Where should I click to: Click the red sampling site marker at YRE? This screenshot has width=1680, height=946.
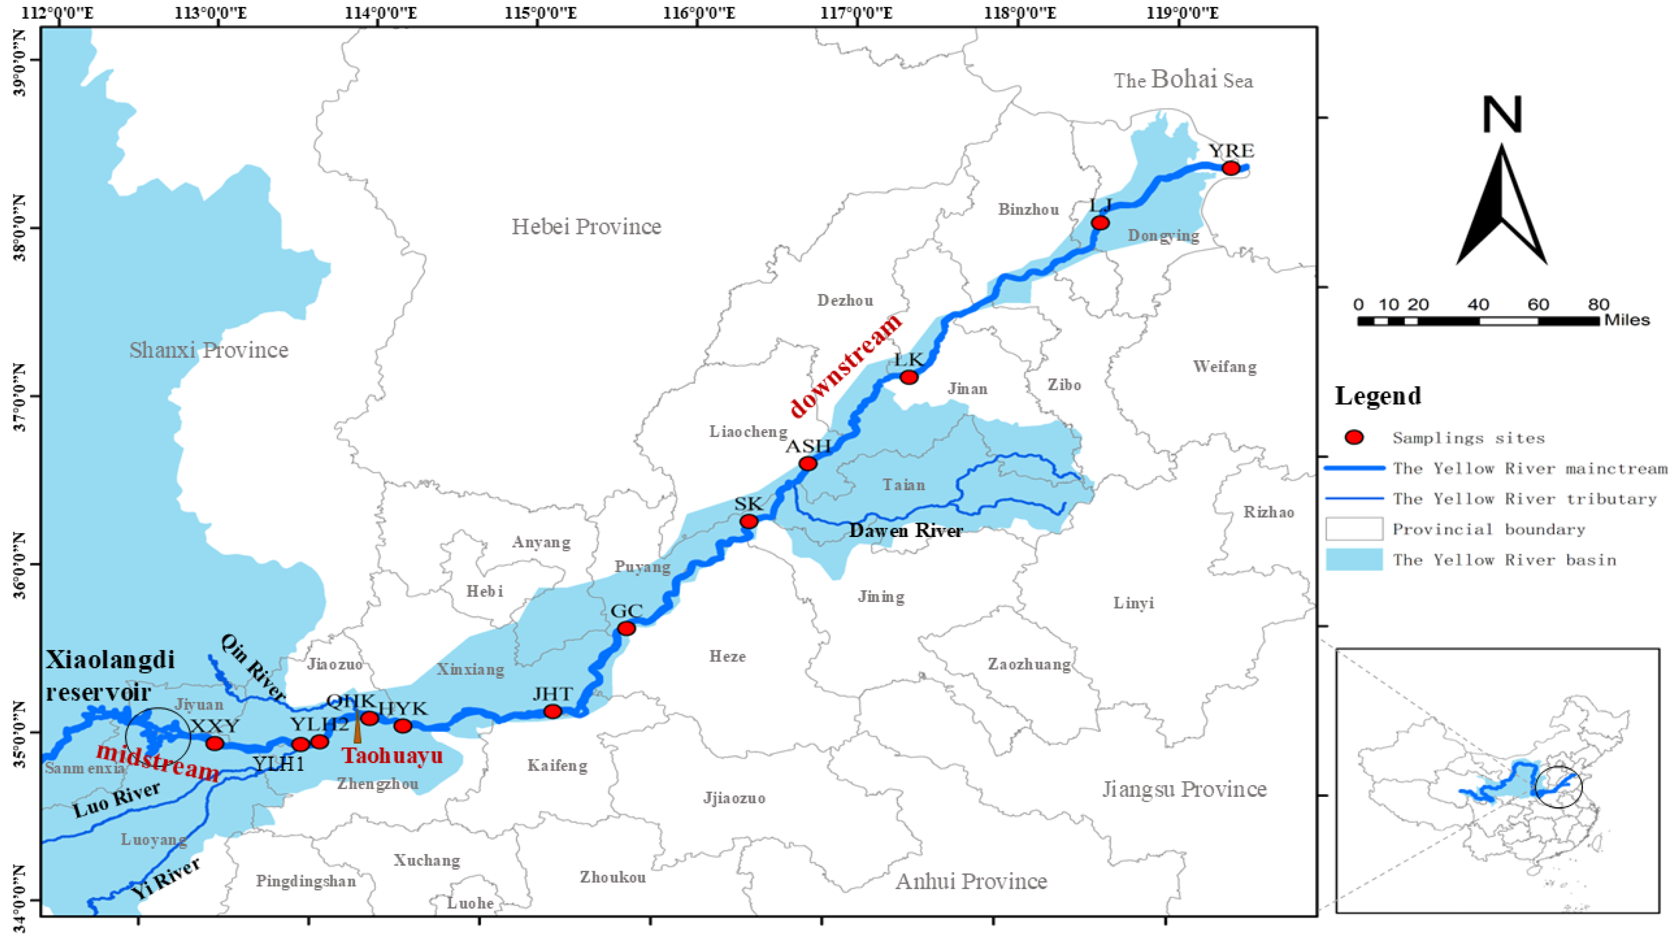coord(1230,168)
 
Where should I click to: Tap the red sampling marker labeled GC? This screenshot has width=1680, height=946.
coord(626,629)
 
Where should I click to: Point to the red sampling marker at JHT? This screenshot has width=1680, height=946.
coord(552,711)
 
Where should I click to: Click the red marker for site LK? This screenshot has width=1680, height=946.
coord(908,378)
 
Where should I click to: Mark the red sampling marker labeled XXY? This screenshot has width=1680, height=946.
coord(215,743)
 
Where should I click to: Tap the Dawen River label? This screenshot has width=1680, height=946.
coord(905,531)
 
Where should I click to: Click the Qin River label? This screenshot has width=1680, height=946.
coord(253,667)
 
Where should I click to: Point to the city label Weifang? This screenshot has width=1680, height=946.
coord(1224,367)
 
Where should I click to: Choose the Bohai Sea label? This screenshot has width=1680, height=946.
coord(1183,80)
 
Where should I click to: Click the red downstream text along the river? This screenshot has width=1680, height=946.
coord(846,365)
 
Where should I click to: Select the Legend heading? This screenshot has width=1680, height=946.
coord(1377,396)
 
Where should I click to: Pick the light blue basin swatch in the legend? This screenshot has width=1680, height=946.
coord(1354,560)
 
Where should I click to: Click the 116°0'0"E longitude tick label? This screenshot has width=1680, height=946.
coord(699,12)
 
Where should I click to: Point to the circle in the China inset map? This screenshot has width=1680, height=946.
coord(1559,787)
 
